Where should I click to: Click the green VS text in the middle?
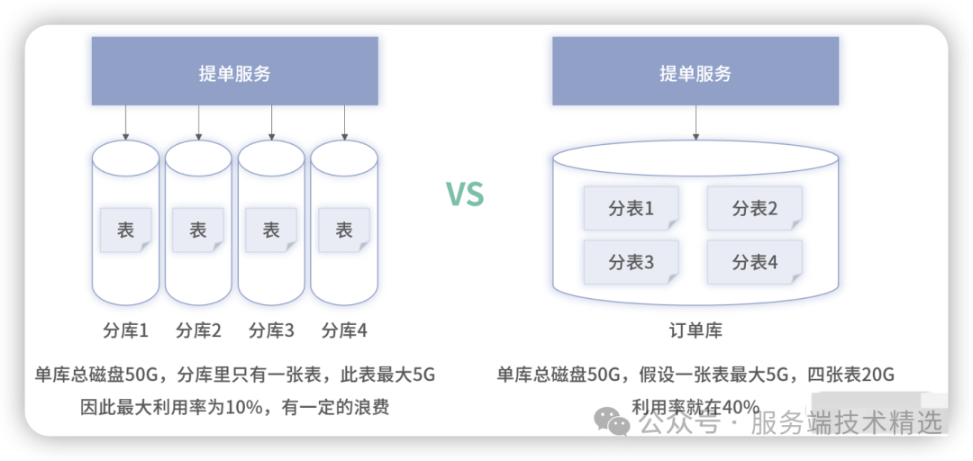point(465,194)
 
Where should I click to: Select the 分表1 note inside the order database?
point(631,209)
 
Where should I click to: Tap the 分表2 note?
point(754,209)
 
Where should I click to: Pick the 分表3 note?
point(631,262)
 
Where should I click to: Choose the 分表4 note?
point(754,262)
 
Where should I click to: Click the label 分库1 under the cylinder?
point(125,330)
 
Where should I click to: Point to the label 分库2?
point(198,330)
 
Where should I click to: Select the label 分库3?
point(271,330)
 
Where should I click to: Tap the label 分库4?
point(344,330)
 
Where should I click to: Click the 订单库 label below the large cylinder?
point(695,330)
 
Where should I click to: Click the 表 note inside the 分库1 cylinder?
point(125,230)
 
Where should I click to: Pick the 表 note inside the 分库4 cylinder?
point(344,230)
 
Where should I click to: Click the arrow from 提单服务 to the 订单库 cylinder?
point(695,122)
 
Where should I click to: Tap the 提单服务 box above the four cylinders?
point(234,72)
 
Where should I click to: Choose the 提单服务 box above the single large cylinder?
point(695,72)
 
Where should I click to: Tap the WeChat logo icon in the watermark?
point(615,421)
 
